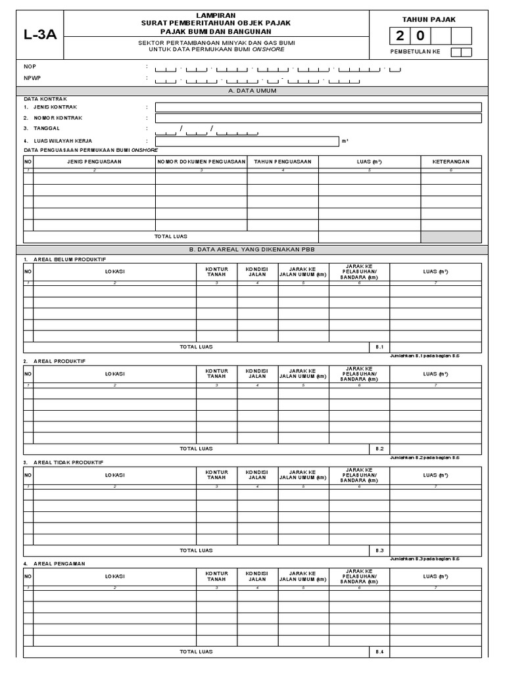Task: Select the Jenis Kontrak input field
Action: tap(318, 107)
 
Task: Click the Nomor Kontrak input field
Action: tap(318, 118)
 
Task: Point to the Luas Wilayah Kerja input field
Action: tap(247, 141)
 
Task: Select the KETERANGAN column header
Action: tap(451, 162)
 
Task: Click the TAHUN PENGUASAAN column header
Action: tap(283, 162)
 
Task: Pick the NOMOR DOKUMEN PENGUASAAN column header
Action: tap(201, 162)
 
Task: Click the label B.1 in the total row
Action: tap(379, 346)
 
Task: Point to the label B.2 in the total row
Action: tap(379, 449)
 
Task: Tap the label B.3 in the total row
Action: tap(379, 551)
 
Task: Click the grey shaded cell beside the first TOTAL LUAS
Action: tap(451, 237)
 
